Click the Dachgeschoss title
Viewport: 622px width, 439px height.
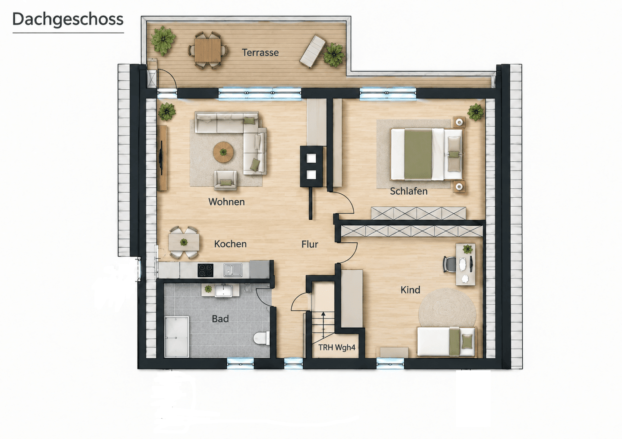pyautogui.click(x=68, y=20)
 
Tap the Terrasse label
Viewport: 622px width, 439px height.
pyautogui.click(x=260, y=53)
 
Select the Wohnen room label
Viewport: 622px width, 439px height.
pyautogui.click(x=227, y=202)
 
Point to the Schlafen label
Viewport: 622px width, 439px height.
pyautogui.click(x=409, y=191)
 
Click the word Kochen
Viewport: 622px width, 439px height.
pyautogui.click(x=231, y=244)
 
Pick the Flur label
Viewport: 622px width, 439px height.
pyautogui.click(x=310, y=244)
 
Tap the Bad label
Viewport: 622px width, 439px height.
pyautogui.click(x=220, y=319)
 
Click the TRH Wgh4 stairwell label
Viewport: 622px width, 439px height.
pyautogui.click(x=337, y=347)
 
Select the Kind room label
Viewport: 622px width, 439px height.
pyautogui.click(x=410, y=290)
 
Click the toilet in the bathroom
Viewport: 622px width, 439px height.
pyautogui.click(x=261, y=338)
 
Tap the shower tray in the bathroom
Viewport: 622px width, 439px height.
pyautogui.click(x=177, y=336)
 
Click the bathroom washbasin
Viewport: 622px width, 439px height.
pyautogui.click(x=223, y=291)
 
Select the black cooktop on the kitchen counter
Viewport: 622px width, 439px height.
pyautogui.click(x=206, y=270)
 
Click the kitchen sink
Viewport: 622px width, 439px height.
pyautogui.click(x=233, y=270)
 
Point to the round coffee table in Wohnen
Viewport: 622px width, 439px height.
pyautogui.click(x=223, y=152)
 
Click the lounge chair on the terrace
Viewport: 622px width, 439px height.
pyautogui.click(x=313, y=51)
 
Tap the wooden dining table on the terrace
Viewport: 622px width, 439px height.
pyautogui.click(x=208, y=50)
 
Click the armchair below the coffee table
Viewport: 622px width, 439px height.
pyautogui.click(x=225, y=180)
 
